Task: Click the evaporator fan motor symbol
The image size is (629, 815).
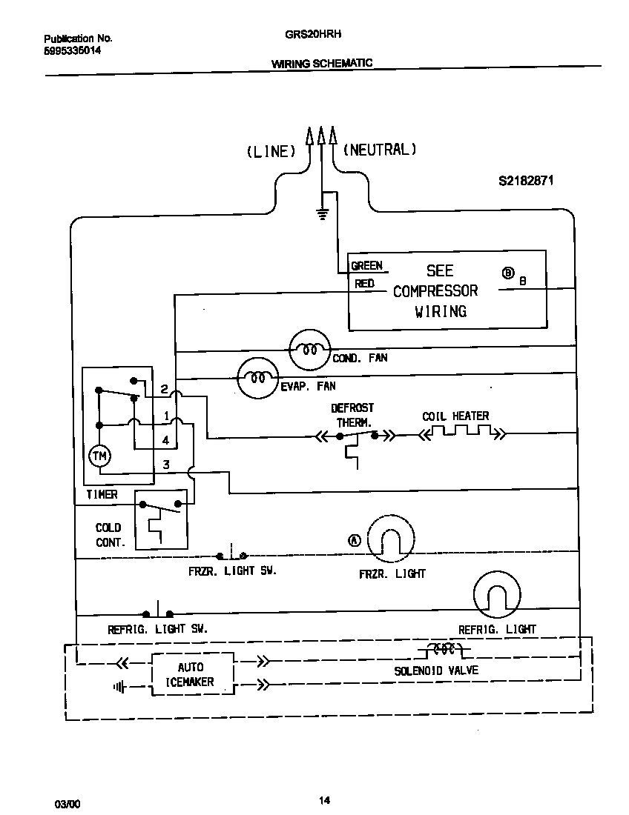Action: (257, 378)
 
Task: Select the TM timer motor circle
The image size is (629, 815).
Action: (99, 456)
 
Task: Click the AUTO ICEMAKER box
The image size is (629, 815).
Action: (191, 674)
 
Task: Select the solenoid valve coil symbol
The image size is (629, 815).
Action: (444, 651)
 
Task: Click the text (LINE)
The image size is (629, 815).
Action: (271, 151)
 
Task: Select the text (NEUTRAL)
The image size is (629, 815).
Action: (379, 150)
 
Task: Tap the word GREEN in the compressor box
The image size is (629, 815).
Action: (366, 266)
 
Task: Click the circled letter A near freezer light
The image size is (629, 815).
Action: (354, 541)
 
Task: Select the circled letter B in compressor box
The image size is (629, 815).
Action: (509, 273)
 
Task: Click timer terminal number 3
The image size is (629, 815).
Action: (166, 465)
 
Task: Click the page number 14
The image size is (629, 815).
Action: (324, 800)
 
